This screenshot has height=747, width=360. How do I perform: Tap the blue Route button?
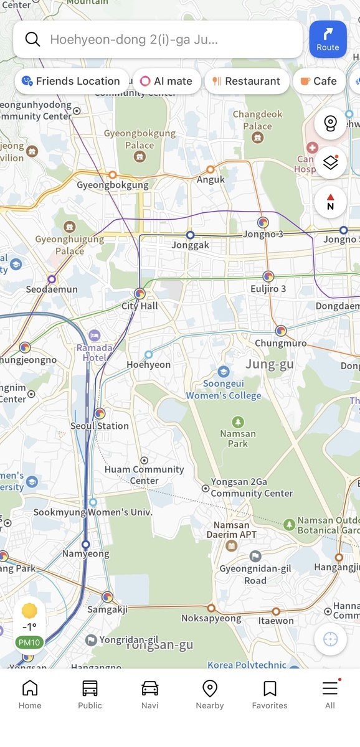click(328, 39)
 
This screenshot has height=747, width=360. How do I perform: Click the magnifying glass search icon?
click(32, 39)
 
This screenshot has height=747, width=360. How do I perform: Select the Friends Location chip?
click(71, 81)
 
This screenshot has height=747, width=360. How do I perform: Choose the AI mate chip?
click(166, 81)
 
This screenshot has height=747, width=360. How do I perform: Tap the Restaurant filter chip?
click(247, 81)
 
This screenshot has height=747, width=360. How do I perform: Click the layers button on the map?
click(330, 162)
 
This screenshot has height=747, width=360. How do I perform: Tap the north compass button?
click(330, 202)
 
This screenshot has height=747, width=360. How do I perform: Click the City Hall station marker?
click(140, 293)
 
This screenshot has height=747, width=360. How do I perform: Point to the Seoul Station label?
click(99, 426)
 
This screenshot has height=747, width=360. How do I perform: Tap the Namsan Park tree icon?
click(237, 422)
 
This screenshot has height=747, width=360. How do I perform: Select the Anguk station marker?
click(211, 169)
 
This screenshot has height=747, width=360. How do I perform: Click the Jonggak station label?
click(191, 245)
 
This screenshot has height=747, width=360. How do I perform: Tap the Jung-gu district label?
click(269, 364)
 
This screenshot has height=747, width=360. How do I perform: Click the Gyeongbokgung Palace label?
click(140, 139)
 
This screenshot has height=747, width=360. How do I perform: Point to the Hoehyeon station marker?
click(148, 354)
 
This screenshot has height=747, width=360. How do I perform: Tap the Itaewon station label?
click(276, 621)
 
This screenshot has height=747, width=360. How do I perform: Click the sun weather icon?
click(29, 611)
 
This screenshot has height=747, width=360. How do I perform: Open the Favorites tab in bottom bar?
click(270, 694)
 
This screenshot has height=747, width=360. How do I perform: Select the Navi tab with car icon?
click(149, 694)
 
